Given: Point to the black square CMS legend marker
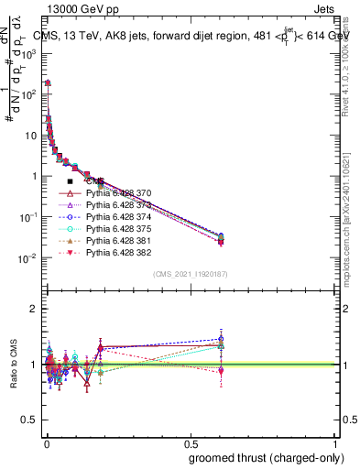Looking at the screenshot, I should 70,181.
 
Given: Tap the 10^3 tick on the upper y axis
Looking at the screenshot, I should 29,53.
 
